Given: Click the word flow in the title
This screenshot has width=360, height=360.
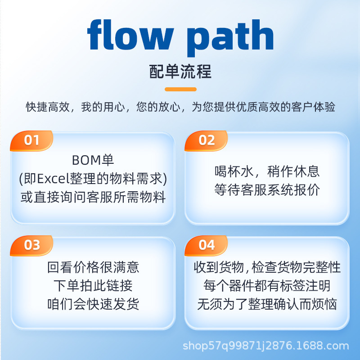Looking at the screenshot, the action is pos(130,36).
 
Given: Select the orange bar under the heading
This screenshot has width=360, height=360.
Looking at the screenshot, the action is pos(180,89).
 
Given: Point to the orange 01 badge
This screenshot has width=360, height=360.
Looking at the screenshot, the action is pos(32,140).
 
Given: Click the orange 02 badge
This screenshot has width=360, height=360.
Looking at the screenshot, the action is pos(207,140).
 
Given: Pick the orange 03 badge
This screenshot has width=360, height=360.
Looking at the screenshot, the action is pos(32,245).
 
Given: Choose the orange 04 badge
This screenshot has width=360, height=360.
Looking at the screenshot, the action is pos(207,245).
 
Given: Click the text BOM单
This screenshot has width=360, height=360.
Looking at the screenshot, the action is pos(93,160).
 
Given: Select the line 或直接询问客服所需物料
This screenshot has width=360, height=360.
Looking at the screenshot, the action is pos(93,197).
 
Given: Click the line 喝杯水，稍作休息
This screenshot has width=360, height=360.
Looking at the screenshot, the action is pos(267,171).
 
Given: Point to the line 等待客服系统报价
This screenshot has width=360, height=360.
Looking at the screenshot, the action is pos(267,190).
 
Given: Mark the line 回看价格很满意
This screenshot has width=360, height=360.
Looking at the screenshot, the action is pos(93,267).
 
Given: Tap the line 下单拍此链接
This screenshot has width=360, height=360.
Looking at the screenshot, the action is pos(93,286).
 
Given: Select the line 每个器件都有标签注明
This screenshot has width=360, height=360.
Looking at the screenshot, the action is pos(267,286).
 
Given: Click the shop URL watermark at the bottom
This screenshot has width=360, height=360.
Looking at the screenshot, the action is pos(265,346).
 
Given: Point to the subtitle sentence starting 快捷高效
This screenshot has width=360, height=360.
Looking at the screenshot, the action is pos(180,107).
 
